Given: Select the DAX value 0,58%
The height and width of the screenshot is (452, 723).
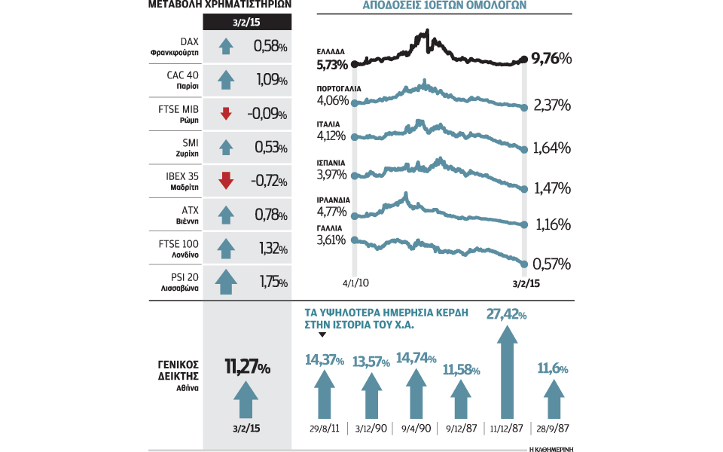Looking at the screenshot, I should point(270,47).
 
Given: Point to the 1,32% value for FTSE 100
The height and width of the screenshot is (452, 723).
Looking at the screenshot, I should point(270,248).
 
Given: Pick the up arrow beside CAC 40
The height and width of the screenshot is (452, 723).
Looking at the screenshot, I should point(225,80).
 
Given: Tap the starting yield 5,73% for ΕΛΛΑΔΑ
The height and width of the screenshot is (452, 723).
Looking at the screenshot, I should point(331,66).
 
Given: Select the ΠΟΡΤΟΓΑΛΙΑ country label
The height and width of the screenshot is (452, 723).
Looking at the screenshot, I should point(340,88).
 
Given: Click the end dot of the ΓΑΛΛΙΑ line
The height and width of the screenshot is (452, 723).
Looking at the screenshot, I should point(524,263).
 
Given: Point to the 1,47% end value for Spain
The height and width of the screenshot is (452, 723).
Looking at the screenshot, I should point(551,187).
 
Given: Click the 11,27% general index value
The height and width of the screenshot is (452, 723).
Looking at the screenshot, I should point(248,368).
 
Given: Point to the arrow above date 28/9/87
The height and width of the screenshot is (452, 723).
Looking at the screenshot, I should point(552,399).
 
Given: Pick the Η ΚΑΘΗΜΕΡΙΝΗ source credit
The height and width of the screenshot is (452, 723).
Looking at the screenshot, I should point(552,448).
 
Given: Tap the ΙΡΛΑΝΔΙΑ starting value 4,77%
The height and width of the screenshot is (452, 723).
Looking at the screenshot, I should point(331,213).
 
